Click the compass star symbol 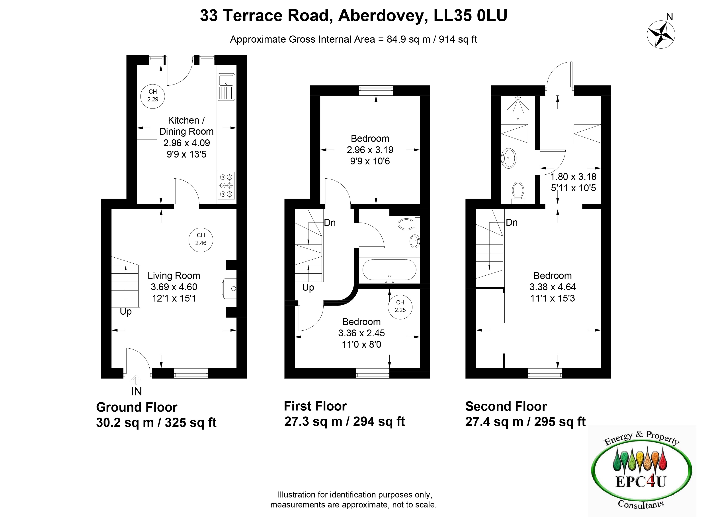(661, 34)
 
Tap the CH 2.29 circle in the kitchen (152, 96)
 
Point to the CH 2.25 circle (400, 307)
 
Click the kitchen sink (226, 87)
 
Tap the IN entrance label (136, 391)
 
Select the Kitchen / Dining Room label (186, 126)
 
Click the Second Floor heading (506, 406)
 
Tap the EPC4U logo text (641, 482)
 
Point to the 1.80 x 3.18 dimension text (573, 177)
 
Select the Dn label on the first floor (330, 223)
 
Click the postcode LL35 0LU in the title (470, 16)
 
